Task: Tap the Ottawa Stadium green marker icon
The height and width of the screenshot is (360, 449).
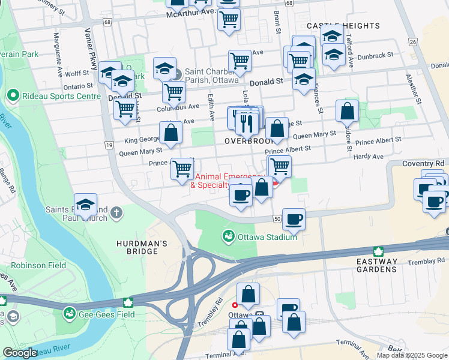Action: [228, 236]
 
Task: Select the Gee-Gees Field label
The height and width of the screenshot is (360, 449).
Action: [98, 313]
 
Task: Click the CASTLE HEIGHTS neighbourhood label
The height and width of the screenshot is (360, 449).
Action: [343, 26]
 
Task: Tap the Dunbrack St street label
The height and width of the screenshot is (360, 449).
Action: [376, 54]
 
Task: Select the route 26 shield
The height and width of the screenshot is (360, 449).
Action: [413, 42]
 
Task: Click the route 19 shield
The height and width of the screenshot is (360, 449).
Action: [109, 145]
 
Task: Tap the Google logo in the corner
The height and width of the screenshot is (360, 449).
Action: [20, 353]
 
